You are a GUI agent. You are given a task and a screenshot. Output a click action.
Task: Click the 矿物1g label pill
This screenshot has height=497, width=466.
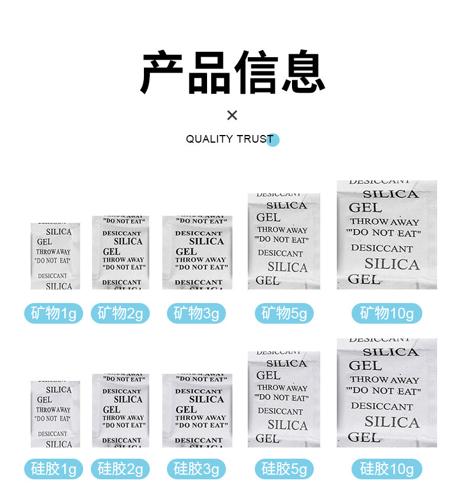click(x=54, y=313)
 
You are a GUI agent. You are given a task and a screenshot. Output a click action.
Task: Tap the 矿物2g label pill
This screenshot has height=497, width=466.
click(x=120, y=313)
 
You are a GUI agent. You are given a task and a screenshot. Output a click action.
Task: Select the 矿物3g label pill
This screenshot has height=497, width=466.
click(x=196, y=313)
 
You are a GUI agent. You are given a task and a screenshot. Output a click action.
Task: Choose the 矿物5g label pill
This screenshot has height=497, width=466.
click(x=284, y=313)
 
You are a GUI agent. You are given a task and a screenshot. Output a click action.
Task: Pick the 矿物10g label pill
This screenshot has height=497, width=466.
click(x=387, y=313)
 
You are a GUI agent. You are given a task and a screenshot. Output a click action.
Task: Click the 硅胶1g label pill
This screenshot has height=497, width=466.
click(x=54, y=469)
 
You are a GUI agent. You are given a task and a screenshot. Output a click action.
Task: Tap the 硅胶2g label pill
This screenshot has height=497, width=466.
click(x=120, y=469)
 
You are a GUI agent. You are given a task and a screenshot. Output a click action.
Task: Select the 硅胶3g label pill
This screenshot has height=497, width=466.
click(x=196, y=469)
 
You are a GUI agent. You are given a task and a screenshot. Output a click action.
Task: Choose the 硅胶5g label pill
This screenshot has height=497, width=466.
click(x=284, y=469)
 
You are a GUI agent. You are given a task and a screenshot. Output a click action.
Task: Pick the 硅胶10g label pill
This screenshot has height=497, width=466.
click(x=387, y=469)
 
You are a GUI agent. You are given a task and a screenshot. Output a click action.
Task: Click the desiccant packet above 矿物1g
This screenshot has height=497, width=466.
click(x=55, y=256)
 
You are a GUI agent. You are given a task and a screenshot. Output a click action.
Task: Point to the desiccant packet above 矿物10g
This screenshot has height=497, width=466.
click(x=387, y=235)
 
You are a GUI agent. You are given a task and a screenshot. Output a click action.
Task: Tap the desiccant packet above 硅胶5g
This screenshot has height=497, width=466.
click(x=284, y=399)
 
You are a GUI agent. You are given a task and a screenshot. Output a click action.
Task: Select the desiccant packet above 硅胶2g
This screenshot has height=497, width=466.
click(x=120, y=410)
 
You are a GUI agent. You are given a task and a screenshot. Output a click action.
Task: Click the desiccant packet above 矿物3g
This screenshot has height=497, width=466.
click(x=197, y=252)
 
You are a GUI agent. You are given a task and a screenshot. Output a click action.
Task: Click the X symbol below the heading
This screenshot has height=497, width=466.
click(x=232, y=115)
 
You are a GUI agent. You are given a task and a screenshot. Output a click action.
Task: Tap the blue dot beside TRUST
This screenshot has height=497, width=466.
click(x=273, y=140)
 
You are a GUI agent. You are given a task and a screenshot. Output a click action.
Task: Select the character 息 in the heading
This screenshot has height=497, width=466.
click(x=303, y=73)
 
